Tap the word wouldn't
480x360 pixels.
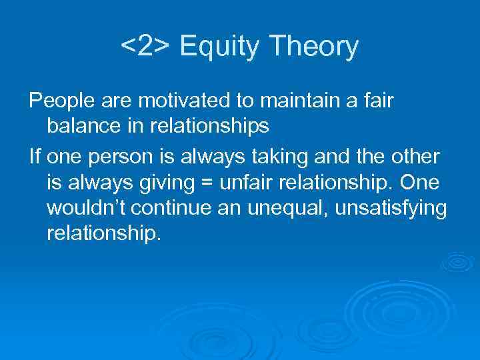coord(86,207)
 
